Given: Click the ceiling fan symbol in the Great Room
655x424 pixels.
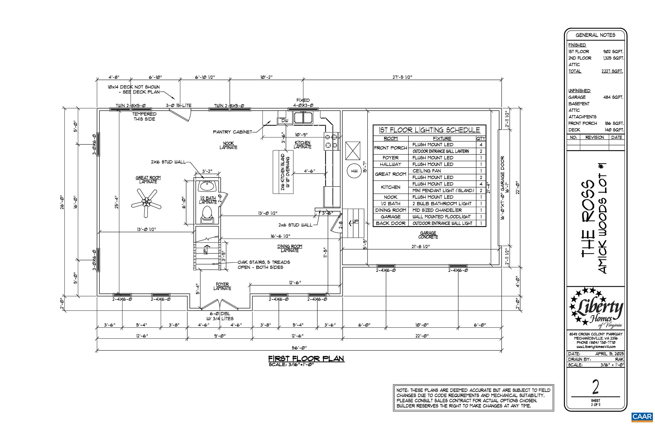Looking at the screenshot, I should [x=146, y=203].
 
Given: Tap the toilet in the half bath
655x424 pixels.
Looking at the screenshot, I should [x=207, y=214].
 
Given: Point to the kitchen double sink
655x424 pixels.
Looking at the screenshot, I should [x=303, y=118].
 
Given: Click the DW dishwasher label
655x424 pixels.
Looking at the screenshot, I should [x=285, y=121].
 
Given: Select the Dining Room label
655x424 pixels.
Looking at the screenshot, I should [x=290, y=248].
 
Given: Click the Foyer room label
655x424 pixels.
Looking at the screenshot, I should [x=222, y=286].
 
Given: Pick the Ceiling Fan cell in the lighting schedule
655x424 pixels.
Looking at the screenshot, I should [x=426, y=171].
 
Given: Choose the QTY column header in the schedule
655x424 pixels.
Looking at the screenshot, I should [x=481, y=138].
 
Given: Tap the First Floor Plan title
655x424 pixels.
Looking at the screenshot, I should [x=306, y=358].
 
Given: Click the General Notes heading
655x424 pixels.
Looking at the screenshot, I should [x=595, y=35].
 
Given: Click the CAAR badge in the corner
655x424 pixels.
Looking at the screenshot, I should [x=642, y=417].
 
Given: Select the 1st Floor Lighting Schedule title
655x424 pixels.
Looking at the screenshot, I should [x=429, y=130].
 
